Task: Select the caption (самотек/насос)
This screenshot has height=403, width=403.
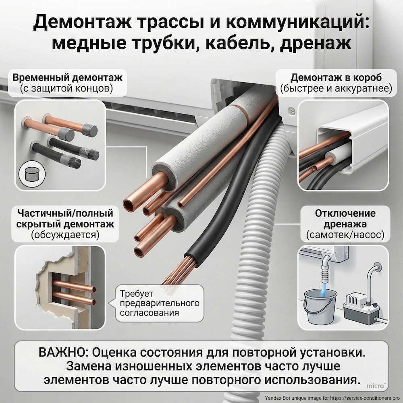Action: point(345,235)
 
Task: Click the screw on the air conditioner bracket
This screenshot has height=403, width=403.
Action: point(293,110)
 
